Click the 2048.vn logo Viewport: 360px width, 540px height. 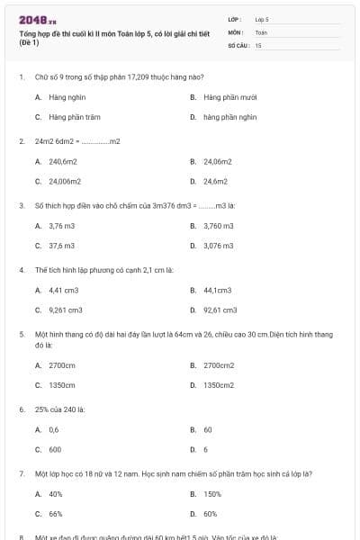(x=37, y=18)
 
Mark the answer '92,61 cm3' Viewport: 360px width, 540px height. (x=220, y=310)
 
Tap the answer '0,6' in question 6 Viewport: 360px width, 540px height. (x=53, y=429)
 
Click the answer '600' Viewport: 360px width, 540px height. (x=55, y=449)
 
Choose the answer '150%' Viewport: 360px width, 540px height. (x=212, y=493)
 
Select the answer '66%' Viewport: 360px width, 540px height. (x=55, y=513)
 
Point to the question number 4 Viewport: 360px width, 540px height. (x=21, y=269)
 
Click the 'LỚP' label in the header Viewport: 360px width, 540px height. (x=234, y=18)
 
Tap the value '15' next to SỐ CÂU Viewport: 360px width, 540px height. (x=258, y=44)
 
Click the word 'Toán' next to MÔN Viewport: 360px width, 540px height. (x=261, y=31)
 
